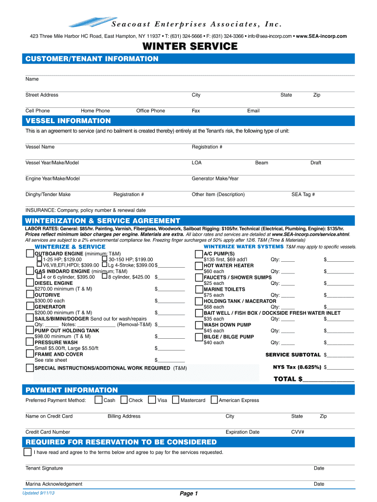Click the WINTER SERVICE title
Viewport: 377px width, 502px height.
click(x=190, y=47)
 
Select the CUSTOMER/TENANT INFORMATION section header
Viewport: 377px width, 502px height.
click(x=92, y=59)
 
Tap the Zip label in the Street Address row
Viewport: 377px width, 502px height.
click(x=317, y=95)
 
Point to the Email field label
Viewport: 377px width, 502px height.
click(x=253, y=111)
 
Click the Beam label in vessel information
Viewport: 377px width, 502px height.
click(x=261, y=163)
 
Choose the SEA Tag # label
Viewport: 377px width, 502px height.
click(x=303, y=195)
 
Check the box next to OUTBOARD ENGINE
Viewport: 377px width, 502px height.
click(x=30, y=253)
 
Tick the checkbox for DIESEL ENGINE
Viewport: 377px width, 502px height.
click(x=30, y=283)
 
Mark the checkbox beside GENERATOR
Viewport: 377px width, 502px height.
click(x=30, y=307)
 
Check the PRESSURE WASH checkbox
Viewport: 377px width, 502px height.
click(x=30, y=342)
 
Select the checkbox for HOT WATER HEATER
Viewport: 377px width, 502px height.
click(x=199, y=266)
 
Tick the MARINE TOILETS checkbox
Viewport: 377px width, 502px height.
click(x=199, y=289)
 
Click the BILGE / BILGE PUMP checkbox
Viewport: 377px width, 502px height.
click(x=199, y=337)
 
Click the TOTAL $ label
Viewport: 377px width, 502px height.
click(x=284, y=379)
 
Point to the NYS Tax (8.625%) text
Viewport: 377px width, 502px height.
click(x=297, y=367)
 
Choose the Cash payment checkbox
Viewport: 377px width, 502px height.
click(x=99, y=400)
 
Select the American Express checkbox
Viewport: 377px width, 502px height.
click(x=214, y=400)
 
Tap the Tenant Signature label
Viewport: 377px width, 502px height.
click(x=44, y=468)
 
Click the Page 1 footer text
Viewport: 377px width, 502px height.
click(x=188, y=494)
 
